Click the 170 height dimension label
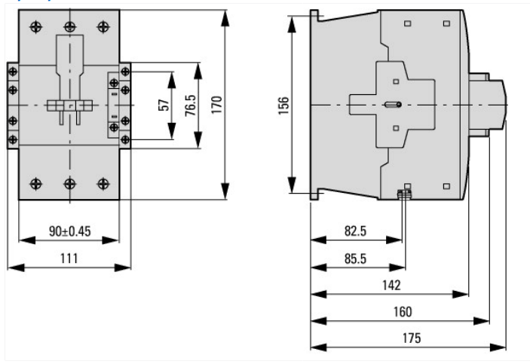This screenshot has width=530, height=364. (216, 105)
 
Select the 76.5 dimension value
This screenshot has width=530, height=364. (190, 105)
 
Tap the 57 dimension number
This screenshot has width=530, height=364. (164, 105)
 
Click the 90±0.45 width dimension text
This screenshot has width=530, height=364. (70, 231)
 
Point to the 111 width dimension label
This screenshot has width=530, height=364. (69, 258)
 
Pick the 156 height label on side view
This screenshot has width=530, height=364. (283, 106)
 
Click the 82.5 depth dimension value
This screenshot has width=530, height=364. (355, 231)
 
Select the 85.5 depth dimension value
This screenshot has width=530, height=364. (355, 258)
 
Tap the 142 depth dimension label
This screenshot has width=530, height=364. (391, 286)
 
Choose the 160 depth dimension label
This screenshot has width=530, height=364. (403, 311)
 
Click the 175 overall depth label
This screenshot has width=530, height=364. (412, 338)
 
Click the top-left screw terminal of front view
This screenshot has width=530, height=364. (36, 26)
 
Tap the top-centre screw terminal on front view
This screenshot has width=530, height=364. (69, 26)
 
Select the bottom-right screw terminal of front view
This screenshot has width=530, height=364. (103, 184)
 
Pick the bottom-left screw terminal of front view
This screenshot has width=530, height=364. (36, 184)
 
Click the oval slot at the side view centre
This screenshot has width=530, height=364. (393, 105)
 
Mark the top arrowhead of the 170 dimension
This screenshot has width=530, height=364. (225, 18)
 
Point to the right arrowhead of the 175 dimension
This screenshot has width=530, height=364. (498, 347)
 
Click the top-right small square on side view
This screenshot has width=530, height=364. (446, 23)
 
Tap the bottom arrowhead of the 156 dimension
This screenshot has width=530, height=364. (292, 185)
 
